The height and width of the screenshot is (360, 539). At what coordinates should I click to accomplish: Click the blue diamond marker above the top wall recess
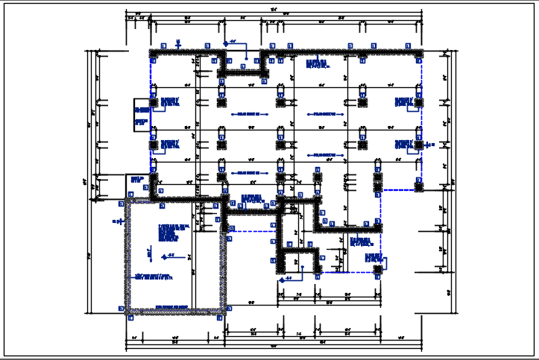pyautogui.click(x=227, y=42)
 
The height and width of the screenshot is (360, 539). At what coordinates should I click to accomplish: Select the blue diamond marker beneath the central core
pyautogui.click(x=281, y=280)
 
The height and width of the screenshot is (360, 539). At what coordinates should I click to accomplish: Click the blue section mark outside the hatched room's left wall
pyautogui.click(x=117, y=221)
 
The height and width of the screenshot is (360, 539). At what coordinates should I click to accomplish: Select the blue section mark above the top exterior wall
pyautogui.click(x=178, y=42)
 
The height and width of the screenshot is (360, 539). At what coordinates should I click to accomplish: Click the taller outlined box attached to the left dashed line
pyautogui.click(x=142, y=115)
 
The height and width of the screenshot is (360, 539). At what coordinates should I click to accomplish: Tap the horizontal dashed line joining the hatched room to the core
pyautogui.click(x=250, y=232)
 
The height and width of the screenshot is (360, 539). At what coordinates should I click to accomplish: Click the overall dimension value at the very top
pyautogui.click(x=274, y=9)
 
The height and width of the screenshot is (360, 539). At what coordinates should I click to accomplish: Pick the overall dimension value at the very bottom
pyautogui.click(x=274, y=347)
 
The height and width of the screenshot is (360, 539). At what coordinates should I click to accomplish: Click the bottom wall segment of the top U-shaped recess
pyautogui.click(x=243, y=73)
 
